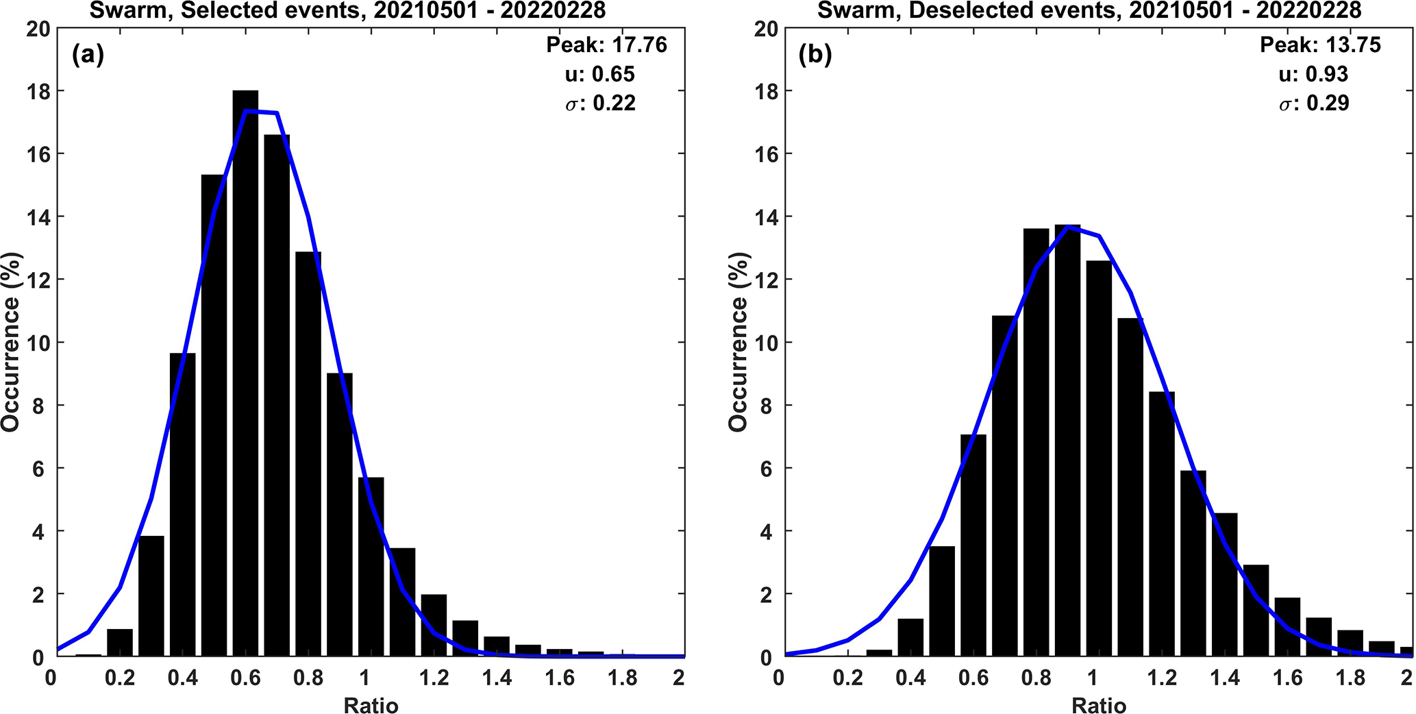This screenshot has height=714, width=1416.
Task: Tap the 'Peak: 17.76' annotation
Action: [x=606, y=45]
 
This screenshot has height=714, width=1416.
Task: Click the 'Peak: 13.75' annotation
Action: [x=1320, y=45]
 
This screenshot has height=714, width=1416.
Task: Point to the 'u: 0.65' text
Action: [x=600, y=74]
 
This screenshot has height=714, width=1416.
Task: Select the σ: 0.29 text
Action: [x=1314, y=103]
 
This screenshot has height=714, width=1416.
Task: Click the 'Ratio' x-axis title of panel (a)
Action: [x=371, y=705]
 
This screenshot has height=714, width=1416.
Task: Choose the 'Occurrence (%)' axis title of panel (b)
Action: [x=738, y=343]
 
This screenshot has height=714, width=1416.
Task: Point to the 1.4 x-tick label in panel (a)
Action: [x=497, y=678]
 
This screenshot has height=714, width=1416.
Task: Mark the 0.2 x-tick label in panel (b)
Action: [x=847, y=678]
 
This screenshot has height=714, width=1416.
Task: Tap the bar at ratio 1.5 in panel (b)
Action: [x=1256, y=611]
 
